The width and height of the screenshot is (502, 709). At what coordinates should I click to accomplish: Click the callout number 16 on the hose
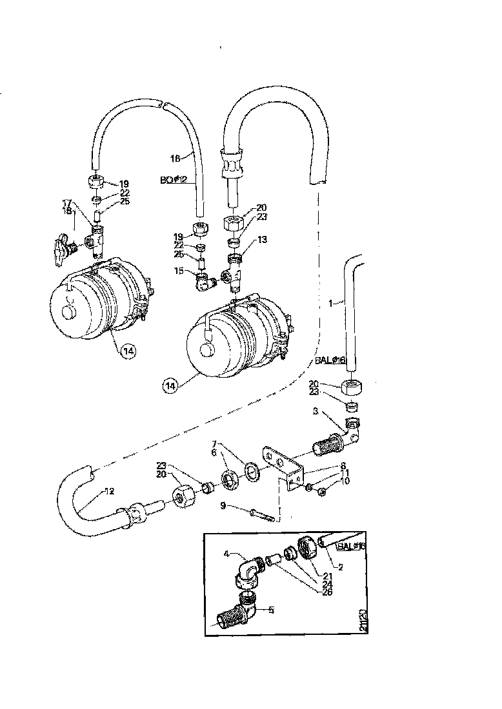174,158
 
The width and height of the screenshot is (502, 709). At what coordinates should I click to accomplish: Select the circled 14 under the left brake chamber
128,351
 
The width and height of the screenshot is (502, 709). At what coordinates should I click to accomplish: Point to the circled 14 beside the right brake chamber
170,385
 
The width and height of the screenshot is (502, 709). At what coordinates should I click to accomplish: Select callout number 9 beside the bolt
223,506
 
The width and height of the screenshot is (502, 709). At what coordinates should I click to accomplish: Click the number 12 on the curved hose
110,491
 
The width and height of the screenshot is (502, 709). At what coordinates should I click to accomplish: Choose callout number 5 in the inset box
272,610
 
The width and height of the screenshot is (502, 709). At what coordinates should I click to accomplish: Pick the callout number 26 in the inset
327,592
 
